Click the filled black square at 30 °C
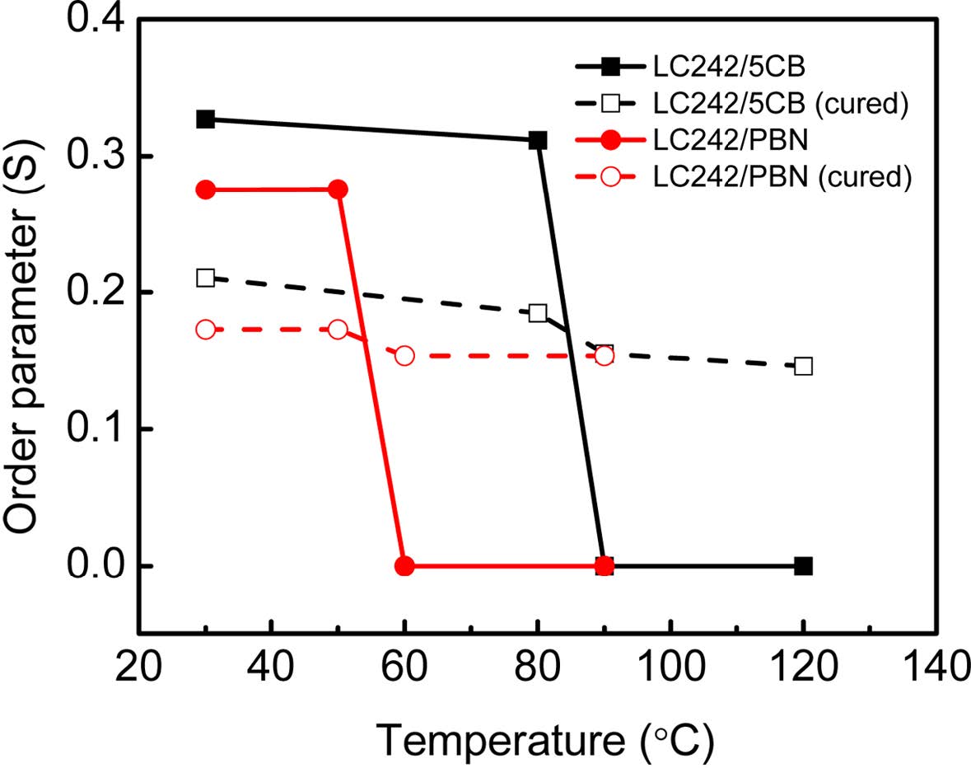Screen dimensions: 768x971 [205, 119]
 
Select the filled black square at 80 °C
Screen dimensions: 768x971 [538, 140]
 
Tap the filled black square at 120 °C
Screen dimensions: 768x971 [804, 566]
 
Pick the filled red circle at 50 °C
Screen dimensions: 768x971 [338, 190]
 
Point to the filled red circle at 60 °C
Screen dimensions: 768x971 [404, 566]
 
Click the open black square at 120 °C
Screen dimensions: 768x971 [804, 366]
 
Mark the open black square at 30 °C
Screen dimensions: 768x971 [205, 278]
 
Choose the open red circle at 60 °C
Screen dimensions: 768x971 [404, 355]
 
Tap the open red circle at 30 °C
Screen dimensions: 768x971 [205, 330]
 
